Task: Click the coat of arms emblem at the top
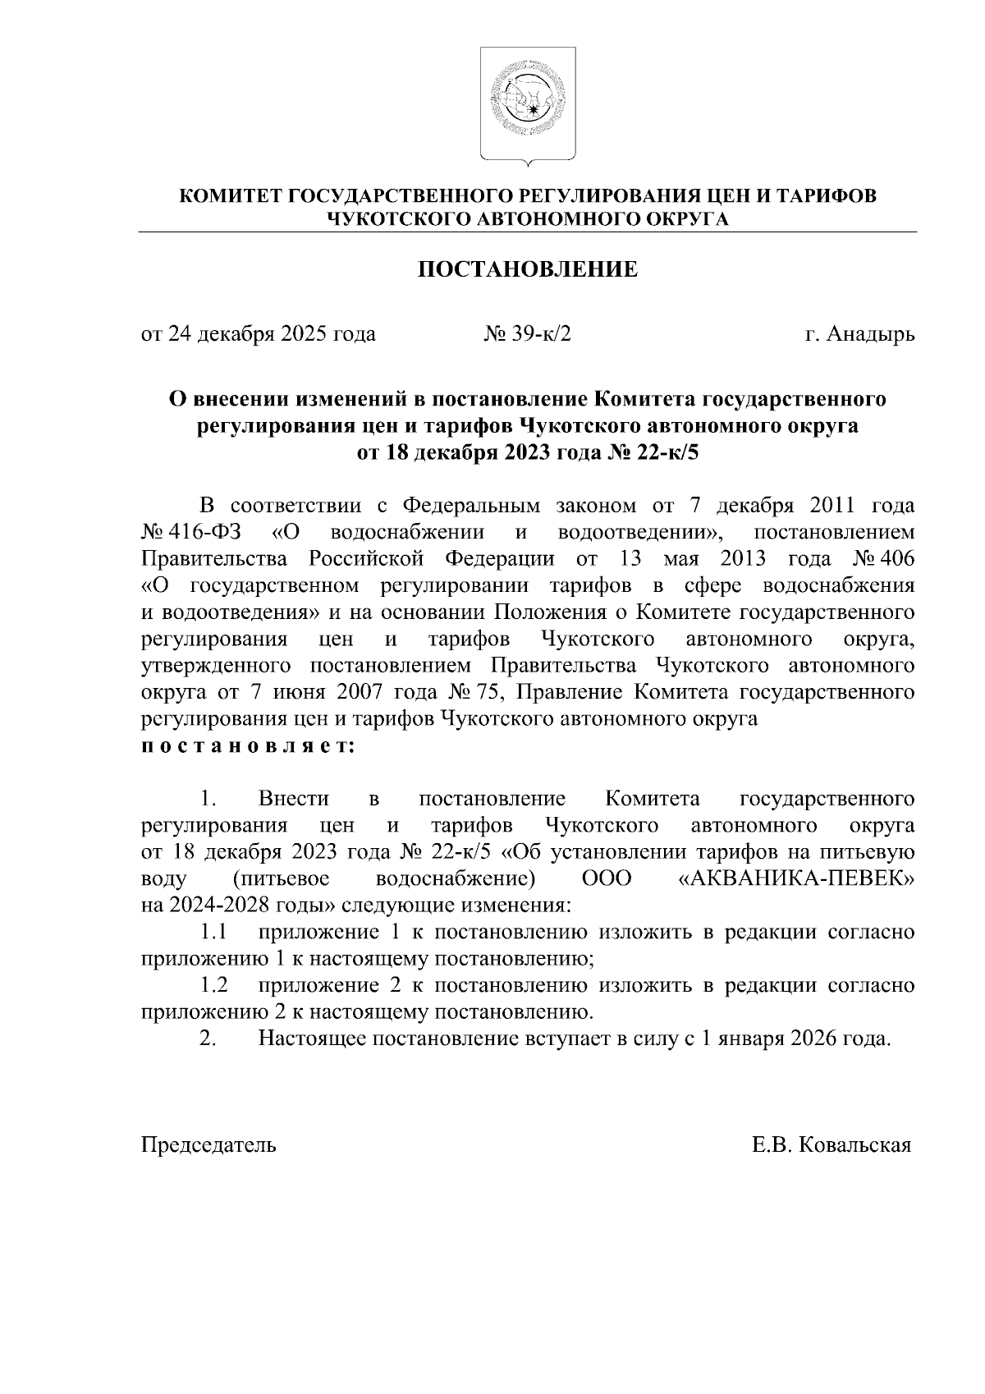coord(528,103)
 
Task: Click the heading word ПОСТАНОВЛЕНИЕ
coord(528,269)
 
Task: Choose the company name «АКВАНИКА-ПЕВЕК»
coord(797,878)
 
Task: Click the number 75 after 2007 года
coord(499,693)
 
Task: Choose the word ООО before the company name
coord(607,878)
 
